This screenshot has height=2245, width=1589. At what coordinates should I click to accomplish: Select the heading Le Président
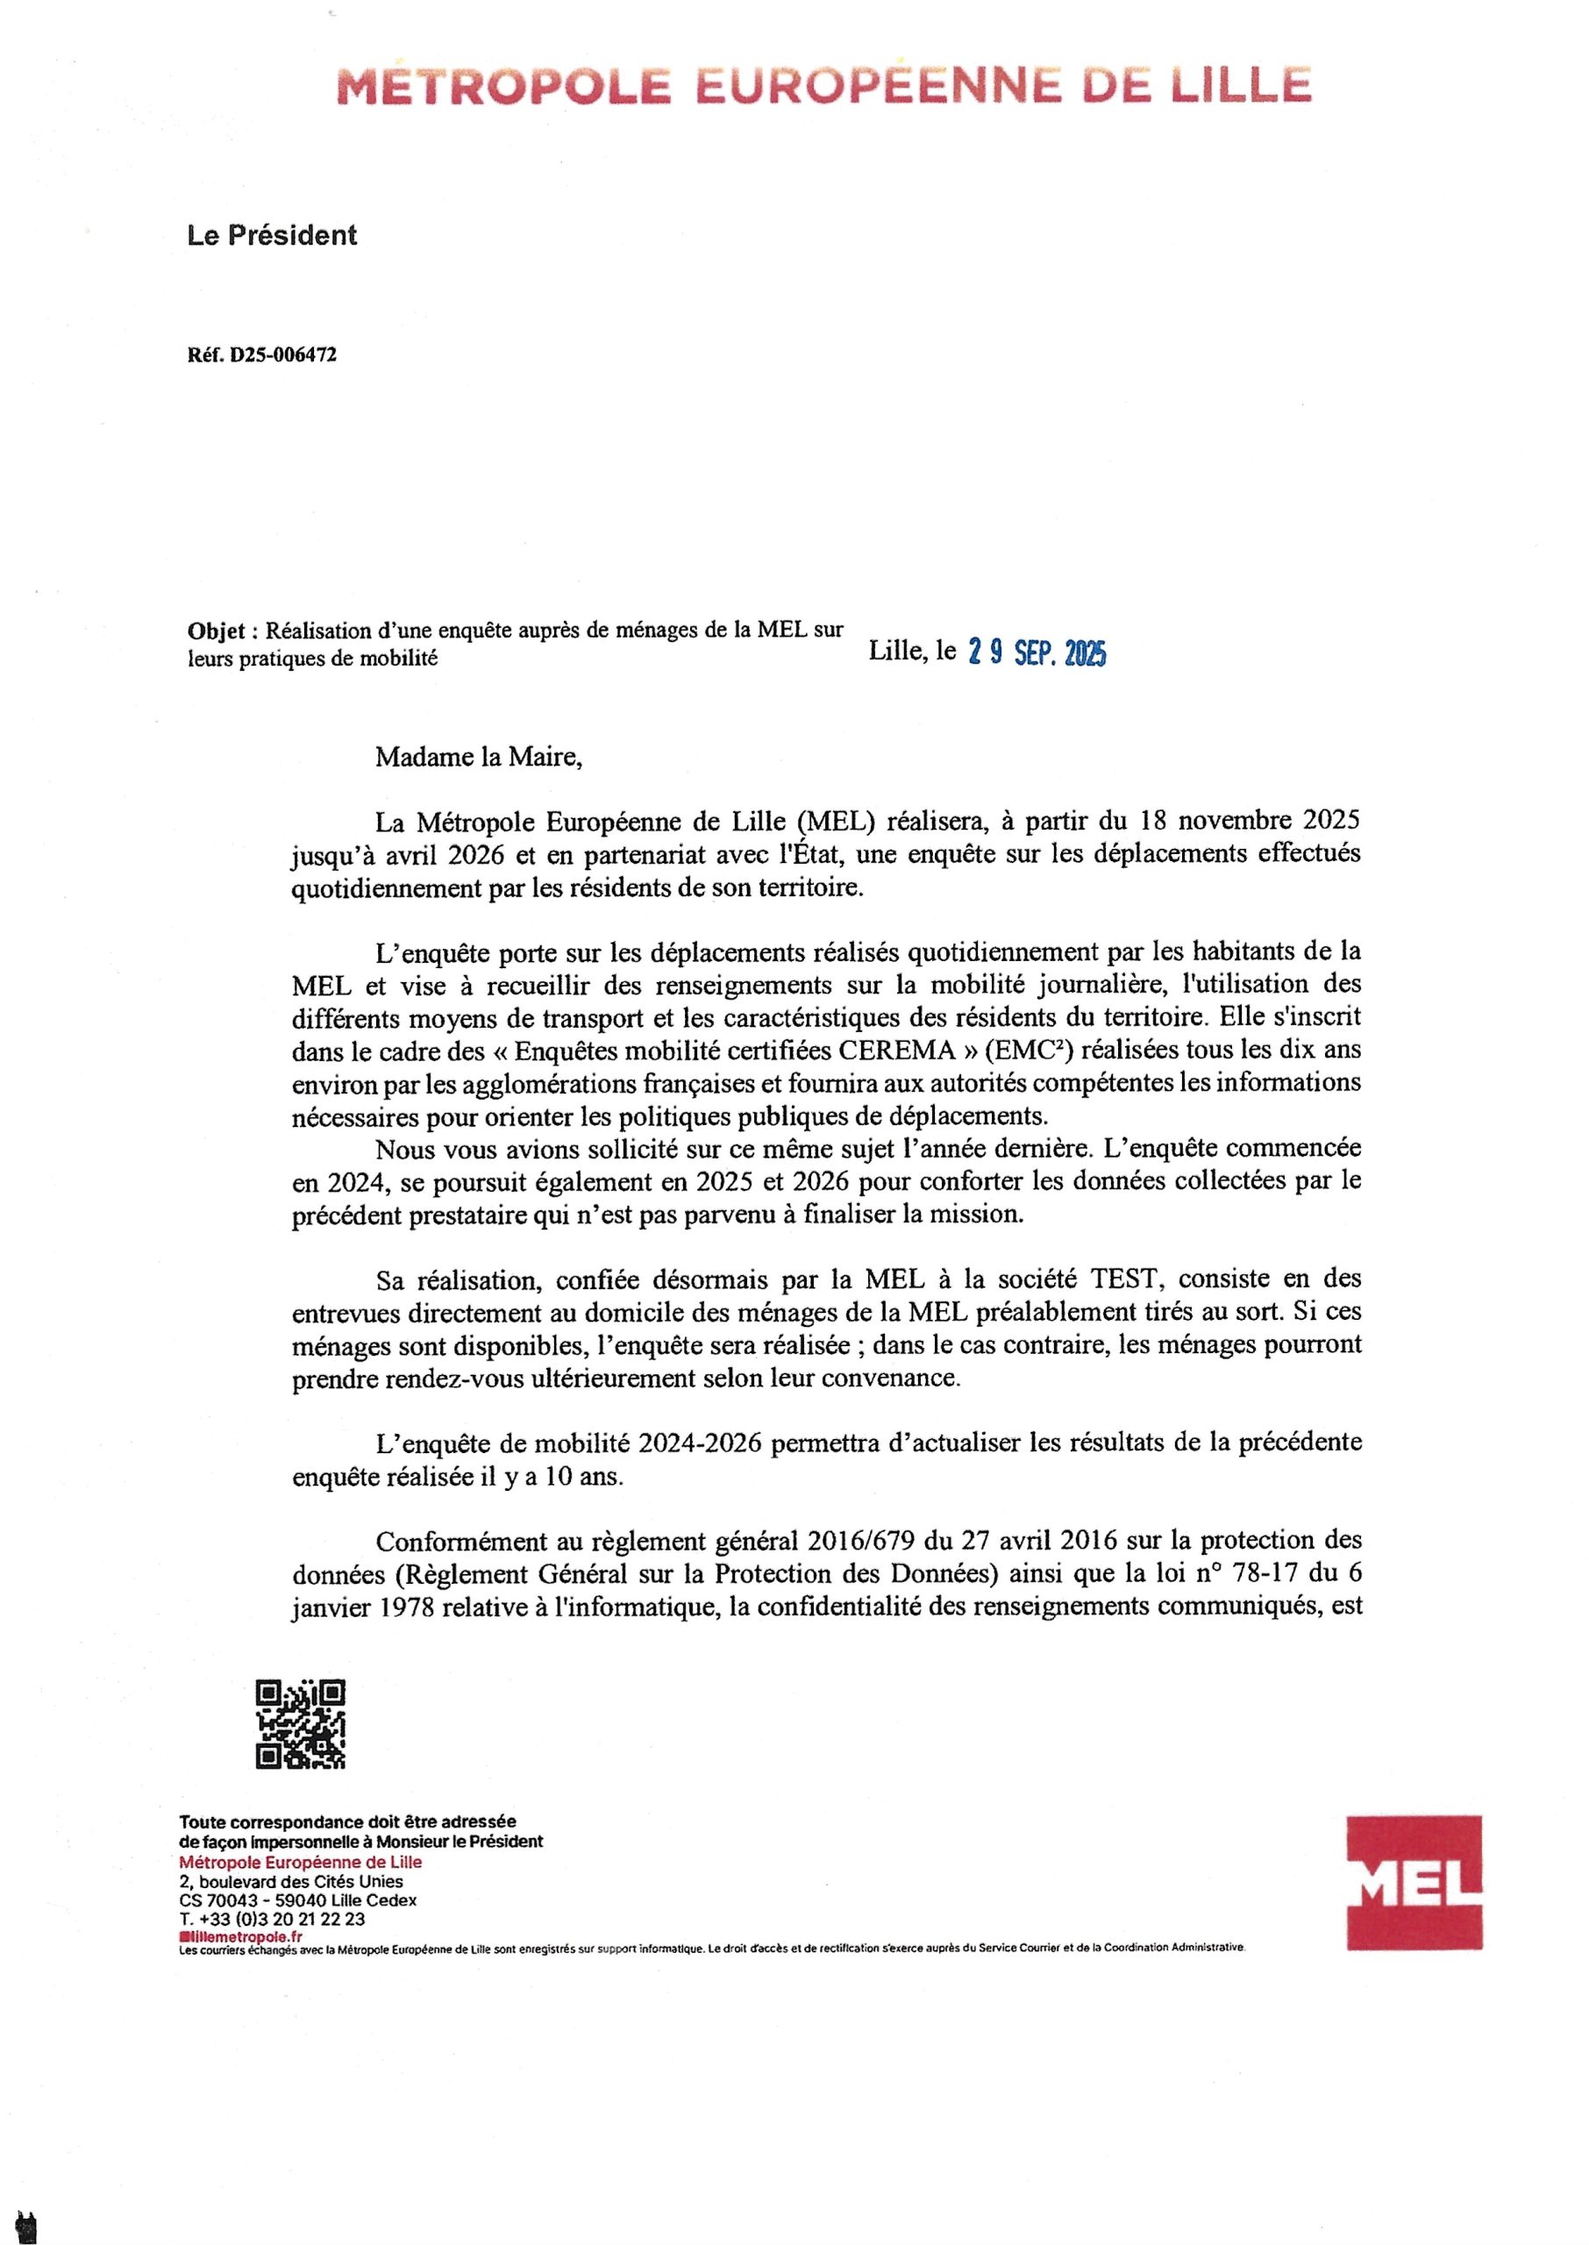(272, 236)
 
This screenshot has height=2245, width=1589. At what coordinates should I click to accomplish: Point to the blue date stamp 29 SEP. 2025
(1037, 653)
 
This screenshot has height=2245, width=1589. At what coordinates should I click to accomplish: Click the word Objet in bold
(215, 631)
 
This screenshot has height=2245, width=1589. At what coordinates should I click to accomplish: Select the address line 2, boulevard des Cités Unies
(290, 1882)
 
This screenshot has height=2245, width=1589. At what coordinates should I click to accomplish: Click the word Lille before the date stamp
(896, 651)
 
